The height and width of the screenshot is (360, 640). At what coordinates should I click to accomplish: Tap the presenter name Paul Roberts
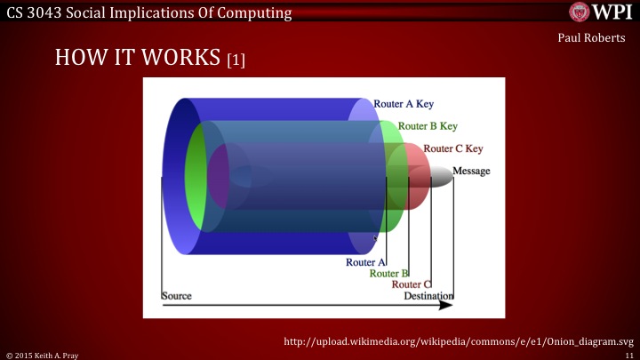(597, 39)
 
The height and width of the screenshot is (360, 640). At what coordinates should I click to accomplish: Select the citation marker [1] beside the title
(236, 60)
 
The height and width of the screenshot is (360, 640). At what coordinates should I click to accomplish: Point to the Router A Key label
(404, 104)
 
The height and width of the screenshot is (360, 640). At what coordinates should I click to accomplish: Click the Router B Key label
(428, 126)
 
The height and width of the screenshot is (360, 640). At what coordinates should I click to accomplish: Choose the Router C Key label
(453, 148)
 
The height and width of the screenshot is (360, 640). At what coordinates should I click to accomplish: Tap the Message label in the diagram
(471, 171)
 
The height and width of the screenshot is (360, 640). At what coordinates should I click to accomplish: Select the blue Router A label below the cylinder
(365, 262)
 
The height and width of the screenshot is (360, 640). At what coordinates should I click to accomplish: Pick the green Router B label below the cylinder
(388, 274)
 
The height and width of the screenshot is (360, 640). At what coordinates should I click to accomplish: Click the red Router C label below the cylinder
(412, 284)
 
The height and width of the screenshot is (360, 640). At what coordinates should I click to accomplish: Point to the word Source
(177, 296)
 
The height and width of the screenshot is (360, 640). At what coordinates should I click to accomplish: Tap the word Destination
(428, 296)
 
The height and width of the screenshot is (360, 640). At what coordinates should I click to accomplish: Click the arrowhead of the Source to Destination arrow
(447, 306)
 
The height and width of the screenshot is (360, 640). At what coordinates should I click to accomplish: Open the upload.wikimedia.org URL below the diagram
(459, 341)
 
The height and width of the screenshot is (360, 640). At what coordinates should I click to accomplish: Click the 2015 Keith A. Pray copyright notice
(44, 354)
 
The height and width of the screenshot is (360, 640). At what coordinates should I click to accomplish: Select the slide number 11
(628, 354)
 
